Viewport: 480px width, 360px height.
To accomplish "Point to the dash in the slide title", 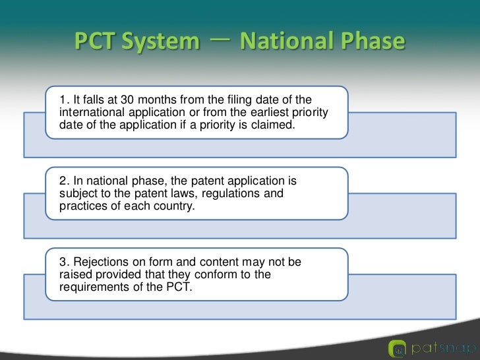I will point(219,41).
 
